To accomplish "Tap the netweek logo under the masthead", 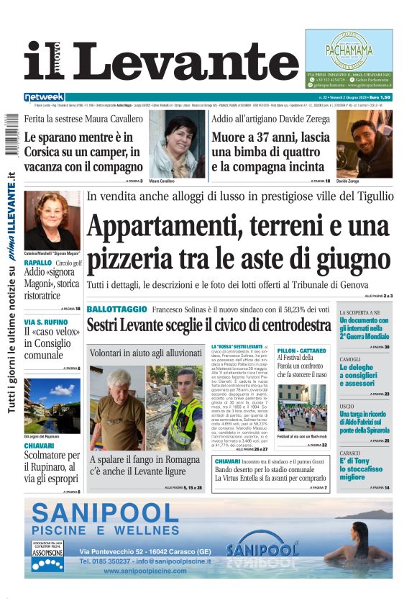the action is point(44,96).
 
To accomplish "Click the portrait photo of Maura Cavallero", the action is point(177,144).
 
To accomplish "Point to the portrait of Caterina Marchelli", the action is point(52,220).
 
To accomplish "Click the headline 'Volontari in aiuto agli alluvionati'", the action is point(146,353).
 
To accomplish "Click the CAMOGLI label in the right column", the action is point(350,359).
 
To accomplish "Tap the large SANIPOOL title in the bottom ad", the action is point(105,513).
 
